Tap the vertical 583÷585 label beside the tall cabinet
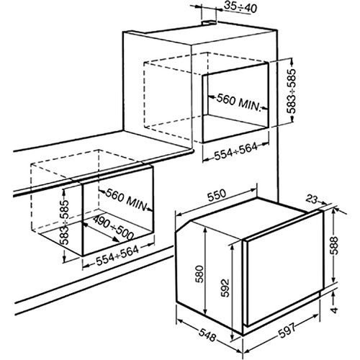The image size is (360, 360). (289, 91)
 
